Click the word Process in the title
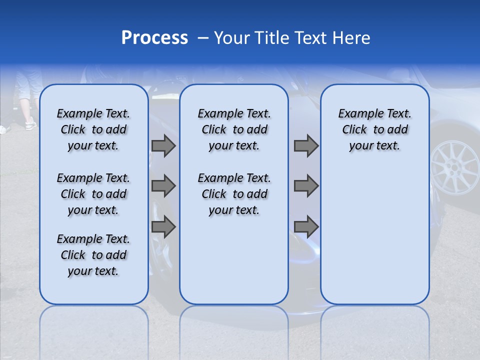[x=154, y=38]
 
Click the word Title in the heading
[x=270, y=38]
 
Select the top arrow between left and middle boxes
[x=163, y=145]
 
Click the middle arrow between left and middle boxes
[x=163, y=186]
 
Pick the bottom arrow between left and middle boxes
[x=163, y=227]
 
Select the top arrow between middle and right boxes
[x=306, y=145]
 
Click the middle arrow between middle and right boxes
[x=306, y=186]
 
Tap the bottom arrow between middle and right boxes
[x=306, y=227]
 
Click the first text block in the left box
[x=93, y=129]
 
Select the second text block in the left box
[x=93, y=194]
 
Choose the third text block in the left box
[x=93, y=255]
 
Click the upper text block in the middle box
[x=234, y=129]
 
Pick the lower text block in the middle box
[x=234, y=194]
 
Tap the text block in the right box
[x=374, y=129]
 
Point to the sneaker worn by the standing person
[x=30, y=123]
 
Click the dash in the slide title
[x=203, y=38]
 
